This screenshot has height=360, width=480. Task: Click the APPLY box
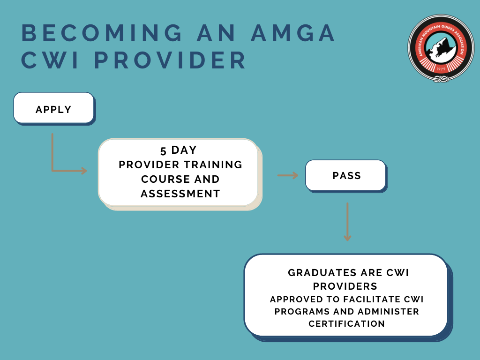tap(54, 108)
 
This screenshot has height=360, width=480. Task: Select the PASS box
tap(346, 176)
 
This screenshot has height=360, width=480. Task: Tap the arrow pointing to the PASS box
tap(288, 175)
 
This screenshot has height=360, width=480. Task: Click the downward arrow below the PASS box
tap(347, 222)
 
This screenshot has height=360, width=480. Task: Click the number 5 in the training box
tap(163, 150)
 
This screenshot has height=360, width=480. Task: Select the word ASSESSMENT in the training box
tap(180, 194)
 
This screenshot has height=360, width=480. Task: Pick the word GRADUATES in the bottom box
tap(322, 273)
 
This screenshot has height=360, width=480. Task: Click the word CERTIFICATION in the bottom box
tap(346, 323)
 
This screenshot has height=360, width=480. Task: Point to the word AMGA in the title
tap(293, 33)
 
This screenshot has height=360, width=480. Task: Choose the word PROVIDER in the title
tap(170, 60)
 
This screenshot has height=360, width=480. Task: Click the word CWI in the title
tap(50, 60)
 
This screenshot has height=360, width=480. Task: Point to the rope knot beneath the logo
tap(441, 79)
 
